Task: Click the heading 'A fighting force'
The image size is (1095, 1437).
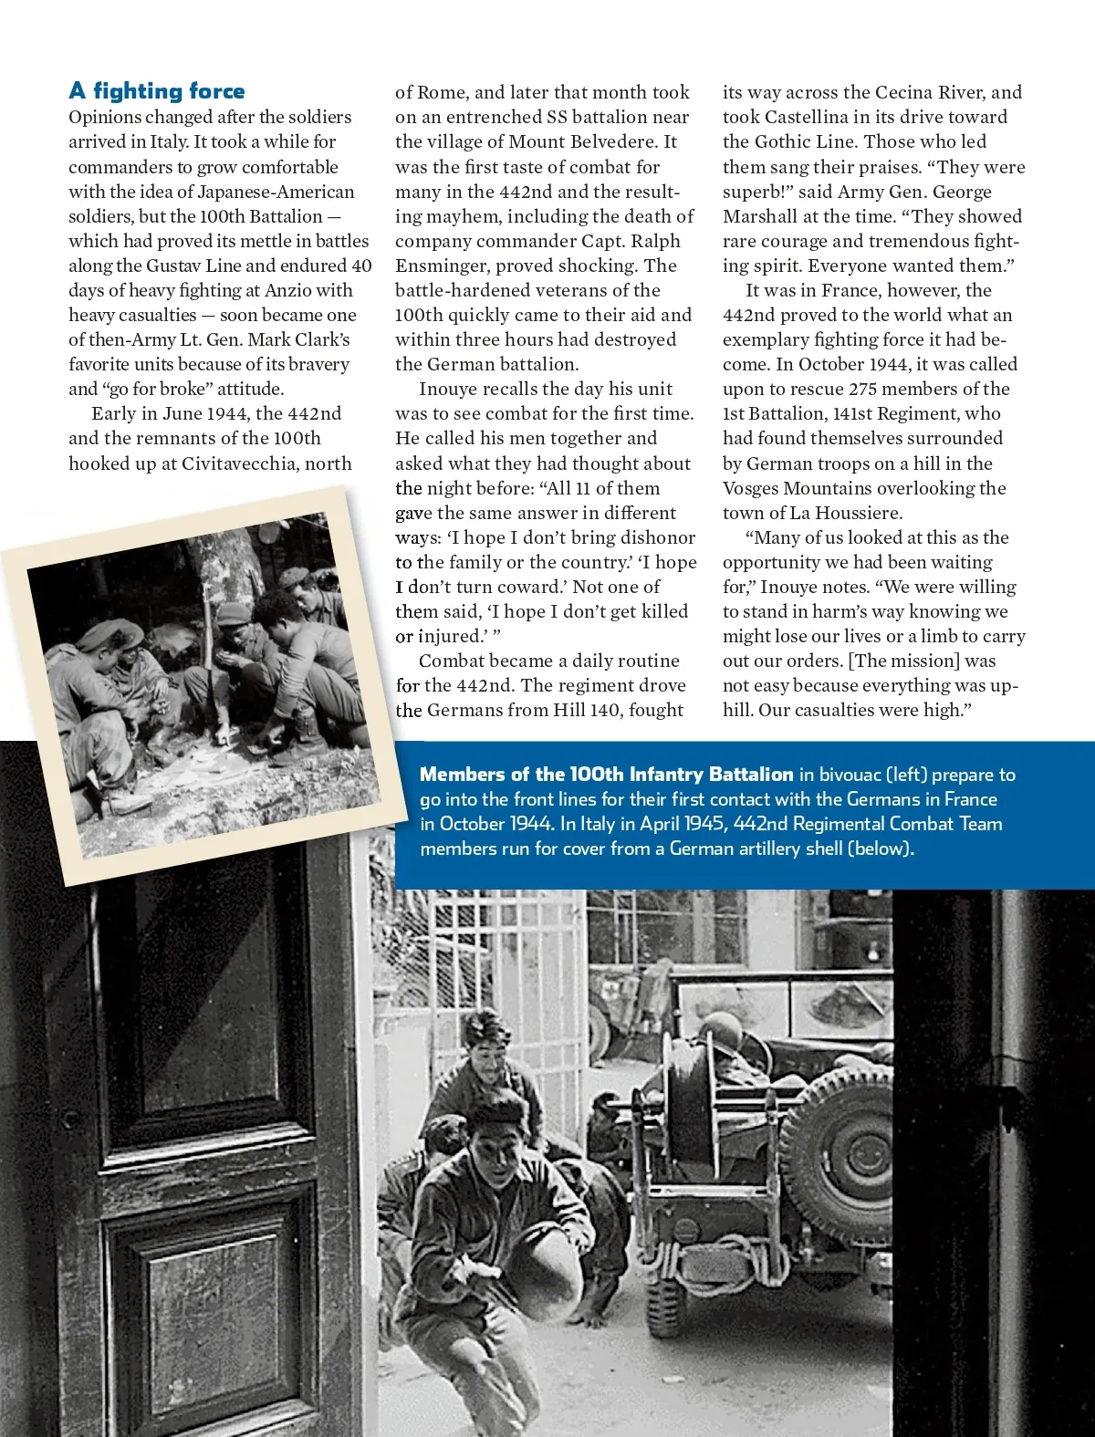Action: point(157,91)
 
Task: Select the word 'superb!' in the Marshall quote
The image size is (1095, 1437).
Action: point(757,192)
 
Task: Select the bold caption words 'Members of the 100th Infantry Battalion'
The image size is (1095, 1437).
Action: point(606,775)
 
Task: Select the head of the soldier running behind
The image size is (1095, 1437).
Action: point(484,1040)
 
